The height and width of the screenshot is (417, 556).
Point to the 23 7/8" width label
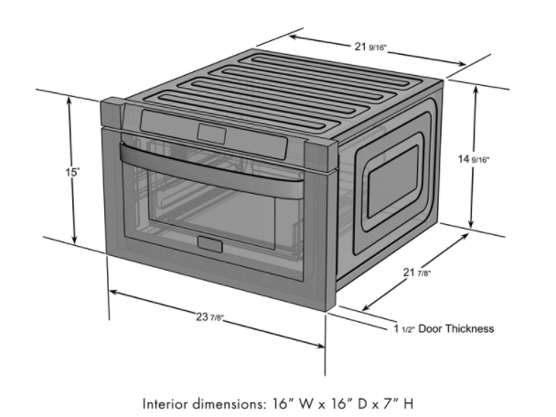click(x=210, y=317)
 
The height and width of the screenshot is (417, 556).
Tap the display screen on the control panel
click(x=210, y=133)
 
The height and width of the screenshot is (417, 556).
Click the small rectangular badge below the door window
click(x=208, y=244)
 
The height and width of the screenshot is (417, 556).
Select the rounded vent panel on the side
click(x=390, y=183)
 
